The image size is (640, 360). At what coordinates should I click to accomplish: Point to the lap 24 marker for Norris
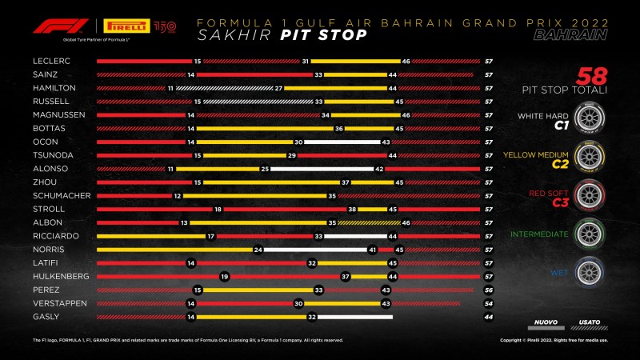pos(258,249)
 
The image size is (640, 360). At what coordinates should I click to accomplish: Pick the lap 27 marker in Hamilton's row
pos(278,88)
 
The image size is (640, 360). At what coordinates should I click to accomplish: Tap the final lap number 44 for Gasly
pos(487,318)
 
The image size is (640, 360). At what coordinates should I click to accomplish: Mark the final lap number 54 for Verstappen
pos(487,304)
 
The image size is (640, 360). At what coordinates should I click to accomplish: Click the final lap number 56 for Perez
pos(487,290)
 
